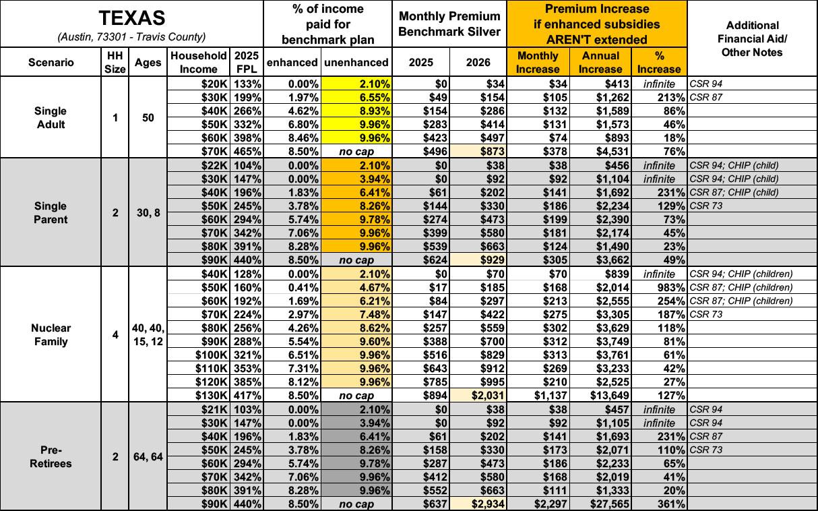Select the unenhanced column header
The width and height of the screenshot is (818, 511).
tap(356, 62)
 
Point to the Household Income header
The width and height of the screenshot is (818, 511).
tap(199, 62)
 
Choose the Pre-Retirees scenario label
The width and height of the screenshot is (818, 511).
tap(51, 456)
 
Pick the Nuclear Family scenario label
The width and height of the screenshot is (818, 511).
tap(51, 334)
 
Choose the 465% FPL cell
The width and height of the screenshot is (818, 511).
tap(247, 151)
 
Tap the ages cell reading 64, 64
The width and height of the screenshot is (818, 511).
tap(147, 457)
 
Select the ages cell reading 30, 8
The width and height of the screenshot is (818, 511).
tap(147, 212)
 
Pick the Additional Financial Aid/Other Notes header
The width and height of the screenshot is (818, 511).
tap(752, 39)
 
